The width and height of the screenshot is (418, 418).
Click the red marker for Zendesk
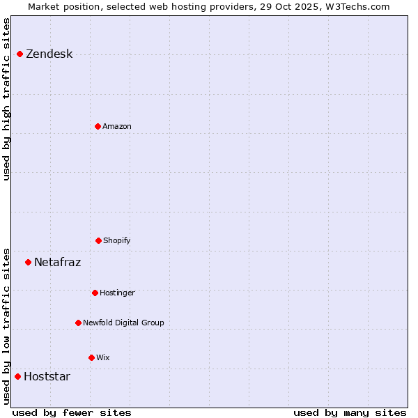(20, 54)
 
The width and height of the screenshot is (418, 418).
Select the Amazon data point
(98, 126)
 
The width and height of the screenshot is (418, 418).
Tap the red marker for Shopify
(98, 240)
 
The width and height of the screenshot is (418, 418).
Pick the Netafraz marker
(28, 262)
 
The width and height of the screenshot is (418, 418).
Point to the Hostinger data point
(95, 293)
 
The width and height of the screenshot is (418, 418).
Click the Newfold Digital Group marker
(78, 323)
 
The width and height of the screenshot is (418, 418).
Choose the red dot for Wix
(91, 357)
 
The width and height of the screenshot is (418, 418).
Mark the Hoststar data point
(17, 376)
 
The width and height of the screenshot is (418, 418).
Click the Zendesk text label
(49, 54)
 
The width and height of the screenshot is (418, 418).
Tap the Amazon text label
(117, 127)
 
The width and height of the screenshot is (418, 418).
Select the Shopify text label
(117, 241)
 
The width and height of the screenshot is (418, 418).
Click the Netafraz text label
(57, 263)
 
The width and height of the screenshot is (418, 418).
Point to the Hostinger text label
(117, 293)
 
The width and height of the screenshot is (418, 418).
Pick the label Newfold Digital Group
(123, 323)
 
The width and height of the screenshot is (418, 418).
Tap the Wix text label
(103, 358)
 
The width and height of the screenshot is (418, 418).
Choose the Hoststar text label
(47, 377)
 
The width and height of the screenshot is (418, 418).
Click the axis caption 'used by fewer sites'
(72, 412)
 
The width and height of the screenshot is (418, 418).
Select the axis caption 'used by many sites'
(350, 412)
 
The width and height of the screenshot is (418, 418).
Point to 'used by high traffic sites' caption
(7, 99)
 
